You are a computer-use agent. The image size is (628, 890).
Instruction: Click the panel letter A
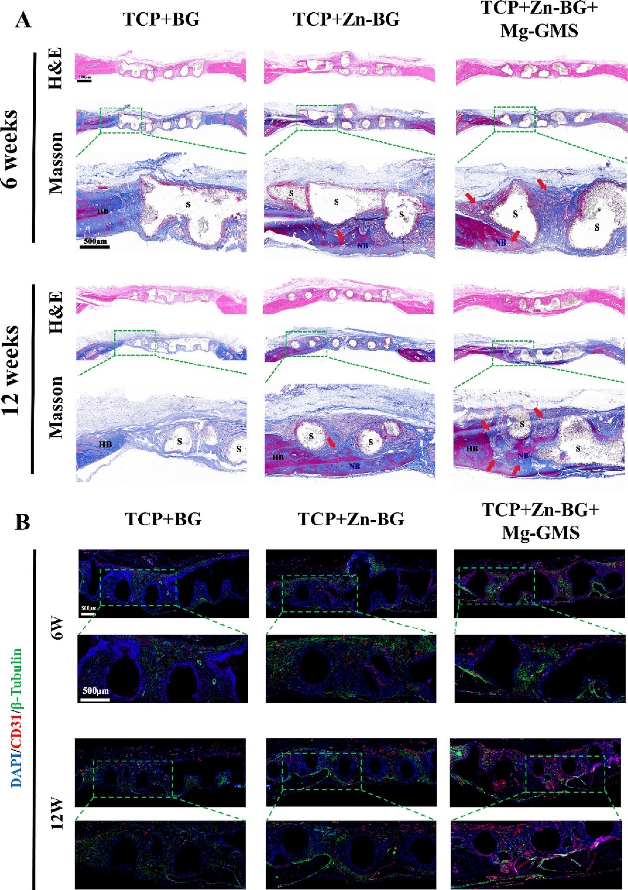click(23, 21)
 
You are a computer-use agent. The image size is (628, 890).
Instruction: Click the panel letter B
click(23, 522)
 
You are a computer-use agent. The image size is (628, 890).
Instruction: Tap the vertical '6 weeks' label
click(11, 149)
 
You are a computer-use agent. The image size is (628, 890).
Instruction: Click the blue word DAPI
click(17, 770)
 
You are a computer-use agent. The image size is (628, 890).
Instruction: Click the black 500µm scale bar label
click(95, 241)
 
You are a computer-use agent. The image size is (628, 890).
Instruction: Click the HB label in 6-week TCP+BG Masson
click(103, 211)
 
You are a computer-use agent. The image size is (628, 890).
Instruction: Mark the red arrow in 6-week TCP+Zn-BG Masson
click(340, 235)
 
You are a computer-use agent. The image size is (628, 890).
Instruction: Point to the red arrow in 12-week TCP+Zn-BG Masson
click(331, 442)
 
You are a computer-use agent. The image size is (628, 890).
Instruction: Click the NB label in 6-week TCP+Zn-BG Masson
click(362, 245)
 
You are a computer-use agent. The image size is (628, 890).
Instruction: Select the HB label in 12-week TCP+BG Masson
click(105, 444)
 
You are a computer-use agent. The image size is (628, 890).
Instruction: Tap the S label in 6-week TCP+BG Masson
click(188, 204)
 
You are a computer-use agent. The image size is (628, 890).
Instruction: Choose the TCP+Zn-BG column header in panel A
click(346, 20)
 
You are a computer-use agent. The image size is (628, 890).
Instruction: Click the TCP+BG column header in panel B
click(163, 519)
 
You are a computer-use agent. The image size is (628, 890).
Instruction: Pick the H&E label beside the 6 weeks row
click(55, 68)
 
